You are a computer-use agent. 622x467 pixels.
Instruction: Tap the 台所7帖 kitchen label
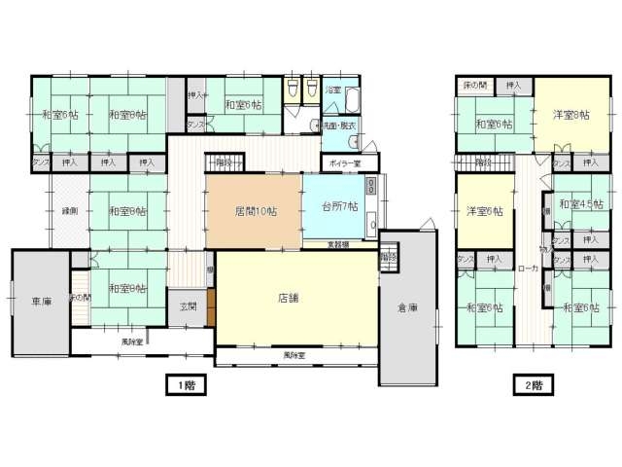click(340, 207)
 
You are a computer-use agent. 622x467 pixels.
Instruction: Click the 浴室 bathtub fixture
click(352, 101)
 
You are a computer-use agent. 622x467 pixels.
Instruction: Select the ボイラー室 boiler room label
click(344, 163)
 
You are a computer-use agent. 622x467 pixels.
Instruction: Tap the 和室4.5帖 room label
click(580, 203)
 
